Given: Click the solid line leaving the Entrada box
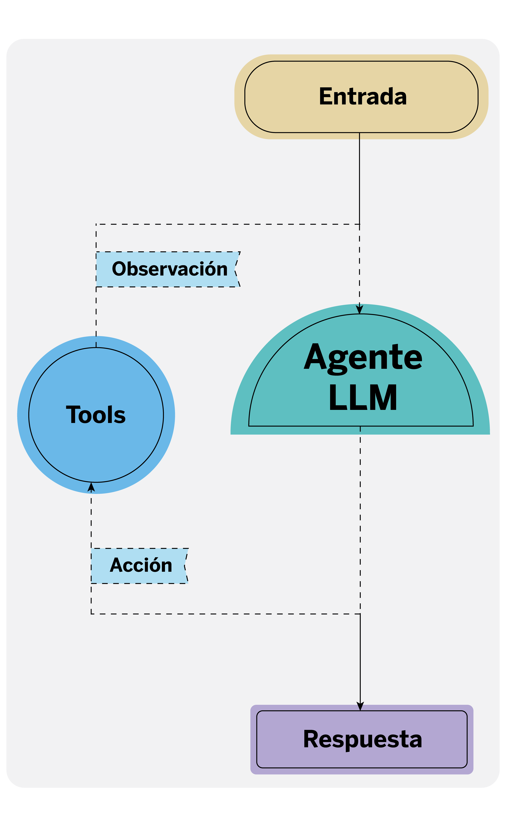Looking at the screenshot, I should [x=359, y=177].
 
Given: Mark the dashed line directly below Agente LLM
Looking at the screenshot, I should [x=360, y=519].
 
